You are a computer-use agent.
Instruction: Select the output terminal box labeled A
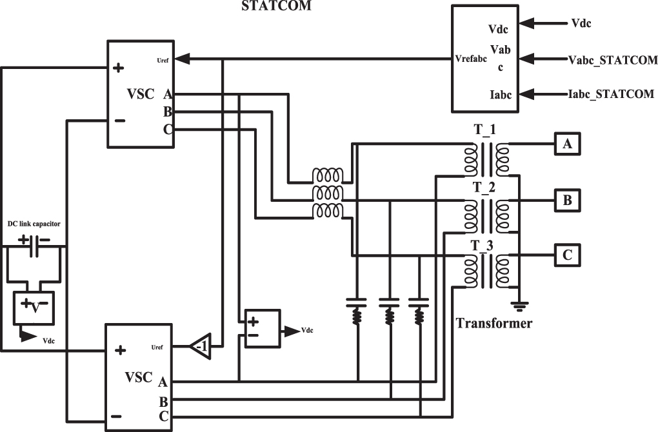(567, 144)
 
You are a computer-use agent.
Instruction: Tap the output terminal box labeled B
(567, 200)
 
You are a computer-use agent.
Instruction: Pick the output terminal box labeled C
(567, 255)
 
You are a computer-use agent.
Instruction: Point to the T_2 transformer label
(485, 188)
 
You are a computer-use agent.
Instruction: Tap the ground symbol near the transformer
(518, 304)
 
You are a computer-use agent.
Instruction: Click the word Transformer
(495, 323)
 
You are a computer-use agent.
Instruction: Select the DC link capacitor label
(34, 224)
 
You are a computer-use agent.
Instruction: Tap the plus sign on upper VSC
(119, 68)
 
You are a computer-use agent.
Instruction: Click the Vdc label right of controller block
(581, 23)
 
